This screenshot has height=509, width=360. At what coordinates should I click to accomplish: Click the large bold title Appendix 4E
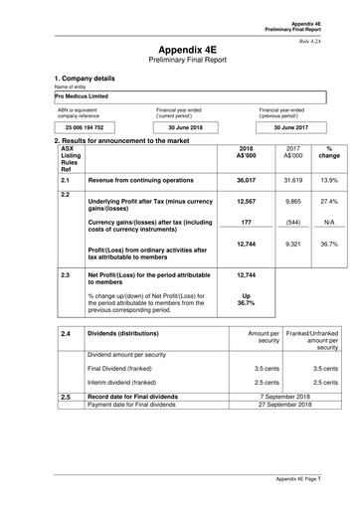click(180, 48)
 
